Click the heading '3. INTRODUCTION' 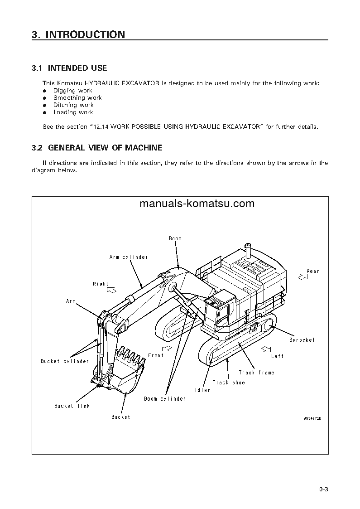tap(78, 35)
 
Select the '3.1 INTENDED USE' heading tap(69, 68)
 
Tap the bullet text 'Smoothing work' tap(77, 97)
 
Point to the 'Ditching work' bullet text tap(73, 105)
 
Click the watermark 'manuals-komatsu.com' tap(197, 204)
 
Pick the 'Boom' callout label tap(175, 238)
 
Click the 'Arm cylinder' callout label tap(129, 257)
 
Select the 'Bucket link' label tap(72, 406)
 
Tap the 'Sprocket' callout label tap(302, 340)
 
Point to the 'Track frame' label tap(257, 373)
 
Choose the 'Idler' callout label tap(202, 390)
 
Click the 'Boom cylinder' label tap(165, 399)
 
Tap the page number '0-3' tap(323, 489)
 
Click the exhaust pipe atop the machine tap(247, 248)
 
